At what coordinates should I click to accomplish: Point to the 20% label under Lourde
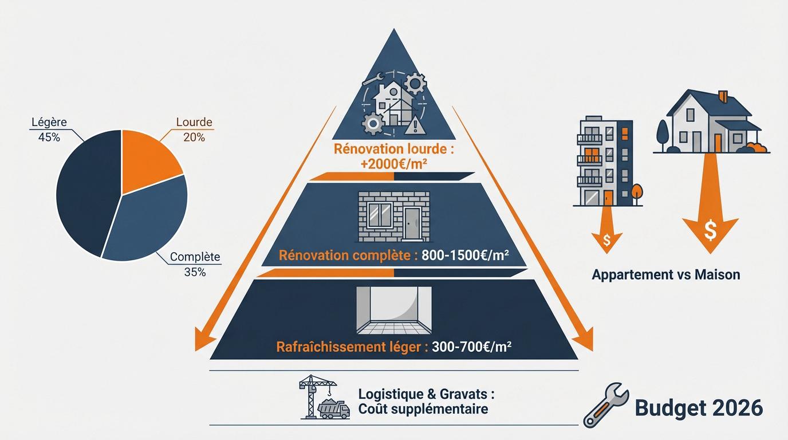[194, 137]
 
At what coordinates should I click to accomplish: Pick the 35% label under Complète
[195, 272]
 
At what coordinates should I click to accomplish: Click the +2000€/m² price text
[394, 165]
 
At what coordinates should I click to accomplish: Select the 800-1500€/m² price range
[464, 256]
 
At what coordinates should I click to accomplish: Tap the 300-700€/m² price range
[469, 347]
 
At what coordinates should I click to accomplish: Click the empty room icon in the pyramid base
[393, 310]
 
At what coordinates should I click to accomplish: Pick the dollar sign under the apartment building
[608, 237]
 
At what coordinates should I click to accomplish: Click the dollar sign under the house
[711, 231]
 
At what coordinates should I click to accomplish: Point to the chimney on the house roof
[722, 96]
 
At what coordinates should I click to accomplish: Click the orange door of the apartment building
[608, 198]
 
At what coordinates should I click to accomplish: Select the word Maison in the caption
[717, 274]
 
